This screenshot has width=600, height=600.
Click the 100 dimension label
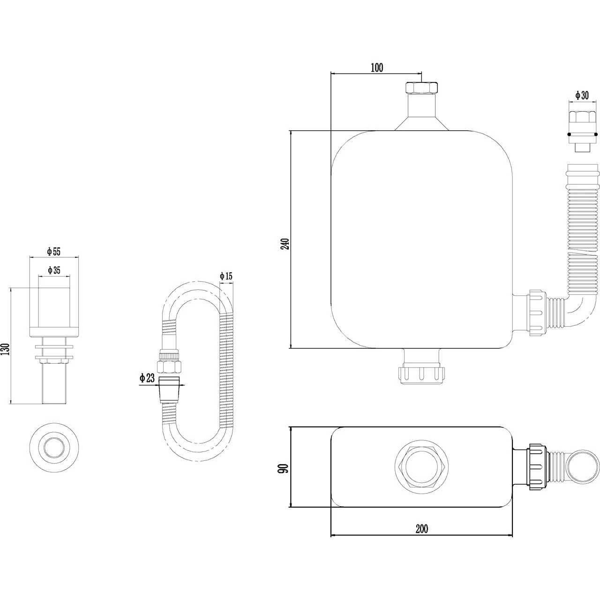(377, 67)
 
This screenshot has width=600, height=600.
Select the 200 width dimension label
(422, 529)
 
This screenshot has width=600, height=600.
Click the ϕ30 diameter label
(582, 95)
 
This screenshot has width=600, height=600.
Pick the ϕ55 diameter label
(53, 251)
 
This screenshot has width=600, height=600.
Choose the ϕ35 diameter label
(54, 270)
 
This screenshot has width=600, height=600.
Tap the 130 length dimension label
(6, 349)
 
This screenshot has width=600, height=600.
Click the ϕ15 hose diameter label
(226, 276)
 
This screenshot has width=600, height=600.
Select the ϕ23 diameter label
(147, 378)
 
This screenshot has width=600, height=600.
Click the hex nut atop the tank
(421, 88)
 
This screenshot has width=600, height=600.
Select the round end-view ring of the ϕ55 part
(54, 448)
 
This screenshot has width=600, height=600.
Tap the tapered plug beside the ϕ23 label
(170, 390)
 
